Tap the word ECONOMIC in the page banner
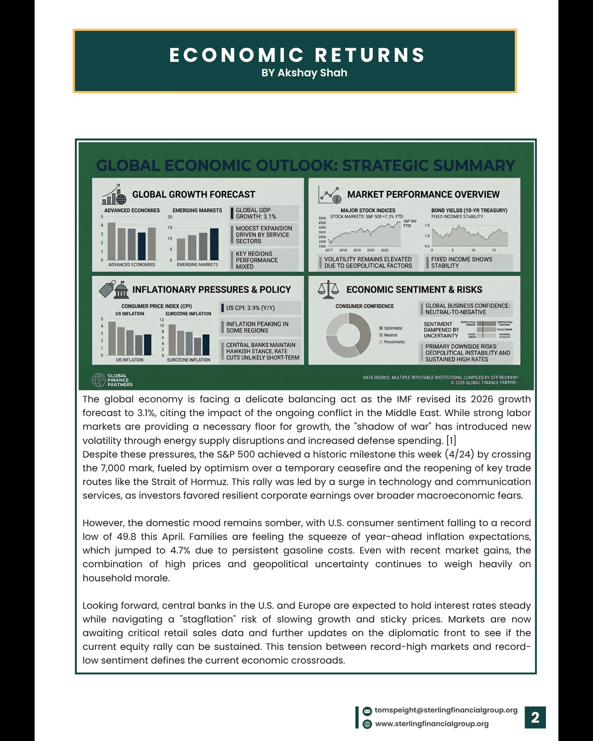click(x=237, y=55)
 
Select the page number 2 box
click(x=535, y=717)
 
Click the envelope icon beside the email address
click(x=367, y=711)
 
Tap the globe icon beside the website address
click(x=367, y=724)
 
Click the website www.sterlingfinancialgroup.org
click(x=432, y=724)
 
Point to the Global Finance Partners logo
click(x=112, y=380)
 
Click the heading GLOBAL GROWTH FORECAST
click(x=193, y=194)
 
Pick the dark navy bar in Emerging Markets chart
click(x=214, y=244)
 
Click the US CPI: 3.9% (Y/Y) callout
click(x=250, y=308)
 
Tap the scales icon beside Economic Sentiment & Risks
click(x=328, y=289)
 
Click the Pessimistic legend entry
click(x=394, y=342)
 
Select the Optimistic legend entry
click(x=393, y=328)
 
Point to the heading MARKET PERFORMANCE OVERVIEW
click(x=423, y=194)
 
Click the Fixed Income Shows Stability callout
click(x=461, y=262)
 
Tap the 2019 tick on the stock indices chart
click(x=357, y=250)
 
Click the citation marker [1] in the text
click(x=451, y=441)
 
